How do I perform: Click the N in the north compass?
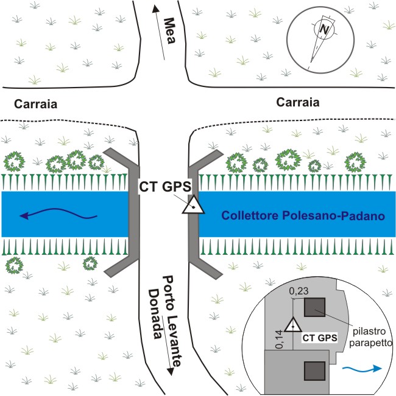[x=324, y=28]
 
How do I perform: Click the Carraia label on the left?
[x=34, y=104]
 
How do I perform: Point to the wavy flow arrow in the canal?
[x=57, y=214]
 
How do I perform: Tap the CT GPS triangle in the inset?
[x=293, y=324]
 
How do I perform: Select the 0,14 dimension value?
[x=280, y=336]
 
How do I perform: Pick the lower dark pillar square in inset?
[x=314, y=370]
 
